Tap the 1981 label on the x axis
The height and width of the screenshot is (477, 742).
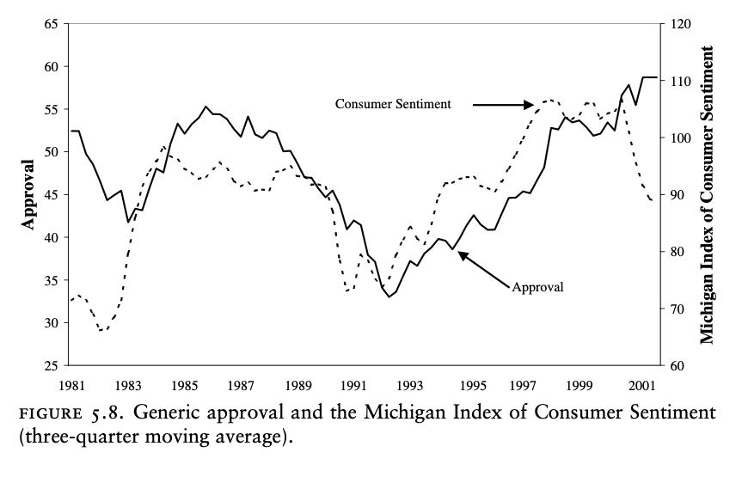(x=71, y=384)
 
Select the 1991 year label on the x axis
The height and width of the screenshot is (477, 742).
(x=353, y=384)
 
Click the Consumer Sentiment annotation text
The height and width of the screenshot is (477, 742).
(x=393, y=103)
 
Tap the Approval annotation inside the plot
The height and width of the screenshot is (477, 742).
(x=537, y=287)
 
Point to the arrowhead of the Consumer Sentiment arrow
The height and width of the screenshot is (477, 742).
(x=533, y=105)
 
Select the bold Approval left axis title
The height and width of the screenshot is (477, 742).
(x=28, y=194)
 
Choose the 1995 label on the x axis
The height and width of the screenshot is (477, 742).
(x=465, y=384)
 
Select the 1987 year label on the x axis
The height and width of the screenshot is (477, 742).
(x=240, y=384)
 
